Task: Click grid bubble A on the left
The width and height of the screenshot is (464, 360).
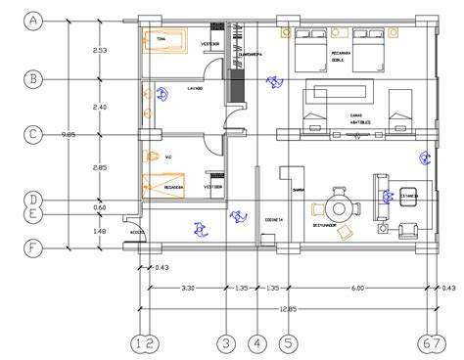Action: coord(34,20)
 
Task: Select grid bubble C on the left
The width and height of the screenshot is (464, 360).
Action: coord(34,134)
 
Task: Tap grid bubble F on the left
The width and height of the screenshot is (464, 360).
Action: coord(34,247)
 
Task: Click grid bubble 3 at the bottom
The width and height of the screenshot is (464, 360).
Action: coord(226,342)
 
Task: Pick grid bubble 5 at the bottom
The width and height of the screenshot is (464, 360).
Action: coord(289,342)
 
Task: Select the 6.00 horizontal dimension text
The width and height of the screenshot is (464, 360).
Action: coord(358,289)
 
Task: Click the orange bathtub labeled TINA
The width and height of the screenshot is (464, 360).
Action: coord(168,40)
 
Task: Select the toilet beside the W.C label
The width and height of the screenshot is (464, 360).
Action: coord(151,156)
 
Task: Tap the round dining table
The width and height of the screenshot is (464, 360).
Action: coord(339,208)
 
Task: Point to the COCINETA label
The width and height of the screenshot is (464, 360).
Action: coord(273,220)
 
